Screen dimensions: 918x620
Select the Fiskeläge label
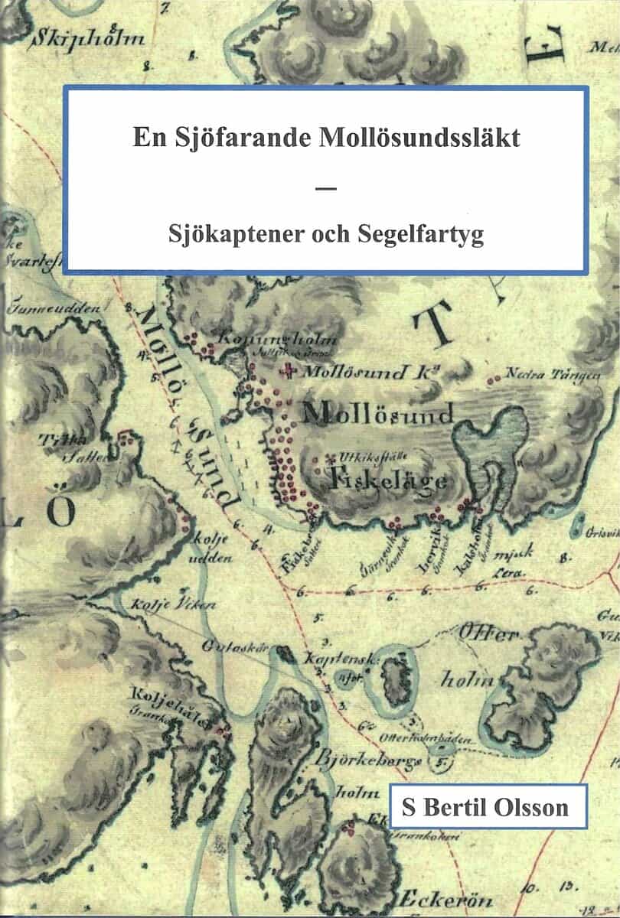coord(388,480)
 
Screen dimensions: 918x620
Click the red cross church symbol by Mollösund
coord(289,373)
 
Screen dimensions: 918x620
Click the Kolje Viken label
coord(165,604)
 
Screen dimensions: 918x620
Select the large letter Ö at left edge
coord(57,513)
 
